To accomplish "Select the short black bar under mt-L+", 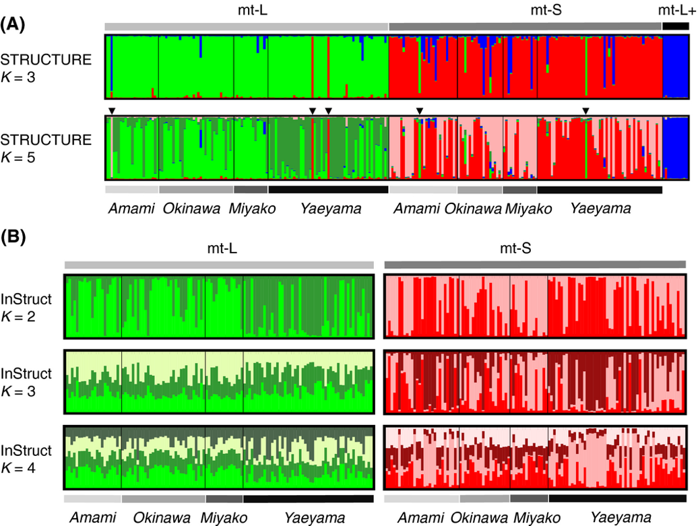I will point(675,26).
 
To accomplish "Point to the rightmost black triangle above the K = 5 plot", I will point(585,110).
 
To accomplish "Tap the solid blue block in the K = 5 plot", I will point(675,147).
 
